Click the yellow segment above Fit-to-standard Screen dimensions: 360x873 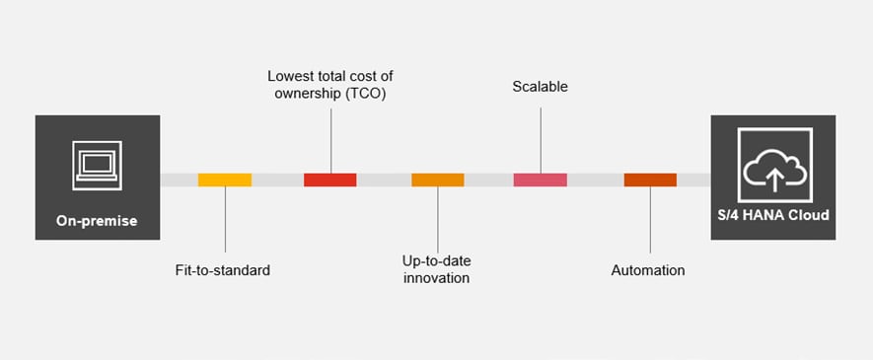point(225,180)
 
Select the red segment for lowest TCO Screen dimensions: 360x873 point(329,180)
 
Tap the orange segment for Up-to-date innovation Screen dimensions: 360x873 point(437,180)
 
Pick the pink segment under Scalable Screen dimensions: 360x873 point(540,180)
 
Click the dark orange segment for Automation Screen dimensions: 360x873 point(650,180)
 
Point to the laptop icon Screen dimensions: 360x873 point(97,164)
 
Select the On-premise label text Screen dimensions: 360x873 point(97,221)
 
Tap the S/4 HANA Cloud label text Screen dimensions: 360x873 point(773,215)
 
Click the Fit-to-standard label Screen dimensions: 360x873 point(216,269)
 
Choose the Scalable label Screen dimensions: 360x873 point(540,87)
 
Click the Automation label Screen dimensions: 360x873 point(647,269)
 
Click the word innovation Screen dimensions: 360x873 point(435,278)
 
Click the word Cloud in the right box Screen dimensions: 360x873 point(807,215)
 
